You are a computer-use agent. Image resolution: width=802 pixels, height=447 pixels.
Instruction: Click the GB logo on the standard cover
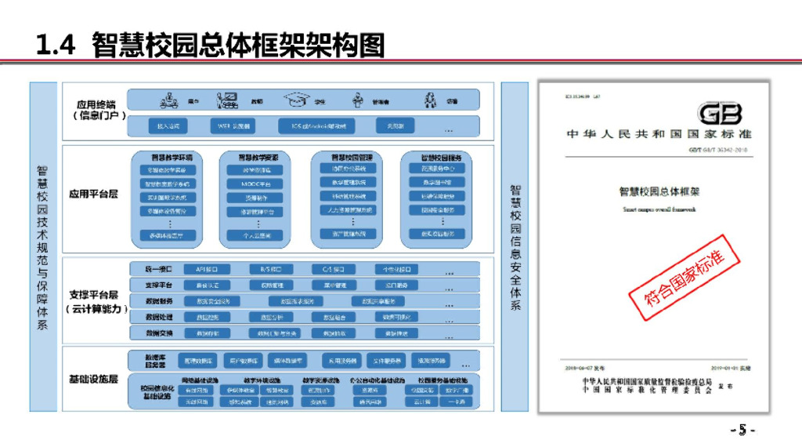click(x=719, y=114)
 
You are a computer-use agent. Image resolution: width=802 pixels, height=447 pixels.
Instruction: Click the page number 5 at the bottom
click(x=742, y=430)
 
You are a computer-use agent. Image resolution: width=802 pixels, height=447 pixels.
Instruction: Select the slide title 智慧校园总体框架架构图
click(x=238, y=45)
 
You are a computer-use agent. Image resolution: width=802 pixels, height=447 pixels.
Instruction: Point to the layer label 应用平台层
click(x=93, y=194)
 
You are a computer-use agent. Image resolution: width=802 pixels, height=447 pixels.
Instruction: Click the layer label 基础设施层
click(x=93, y=380)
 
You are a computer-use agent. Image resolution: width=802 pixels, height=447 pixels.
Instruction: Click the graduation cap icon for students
click(x=297, y=100)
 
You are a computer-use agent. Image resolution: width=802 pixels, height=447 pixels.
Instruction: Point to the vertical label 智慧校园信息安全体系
click(x=515, y=247)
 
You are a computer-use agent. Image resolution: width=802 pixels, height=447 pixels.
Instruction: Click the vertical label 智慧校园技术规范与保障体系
click(x=43, y=247)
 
